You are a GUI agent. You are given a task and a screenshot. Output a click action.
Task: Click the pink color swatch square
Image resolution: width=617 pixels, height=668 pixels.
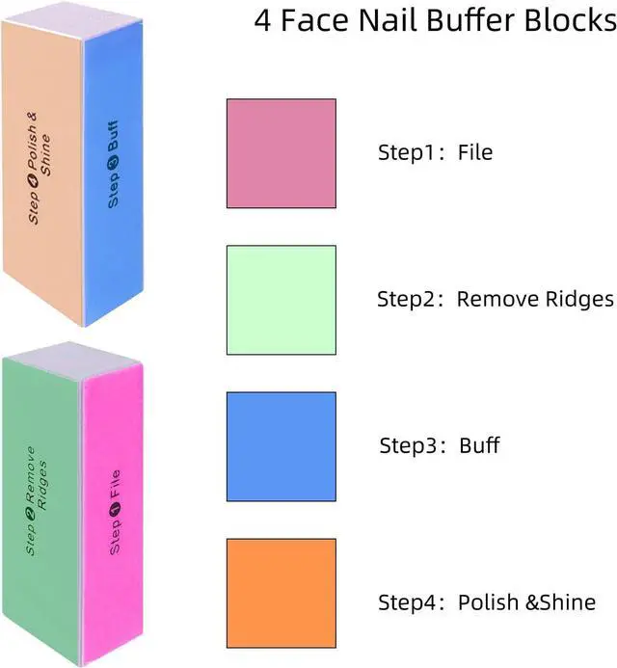[x=282, y=153]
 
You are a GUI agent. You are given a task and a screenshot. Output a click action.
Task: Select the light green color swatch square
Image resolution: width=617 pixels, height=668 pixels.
[x=282, y=300]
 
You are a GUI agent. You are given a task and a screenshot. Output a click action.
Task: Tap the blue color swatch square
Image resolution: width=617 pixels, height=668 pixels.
[x=282, y=446]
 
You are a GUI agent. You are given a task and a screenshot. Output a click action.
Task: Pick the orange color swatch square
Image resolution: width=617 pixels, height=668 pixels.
[x=282, y=593]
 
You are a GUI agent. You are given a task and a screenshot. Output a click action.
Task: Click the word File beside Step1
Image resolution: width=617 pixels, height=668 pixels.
[x=475, y=152]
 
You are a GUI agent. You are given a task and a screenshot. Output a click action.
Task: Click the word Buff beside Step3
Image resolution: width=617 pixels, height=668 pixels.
[x=479, y=445]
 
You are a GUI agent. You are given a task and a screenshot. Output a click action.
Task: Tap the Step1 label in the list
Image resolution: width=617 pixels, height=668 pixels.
[x=407, y=152]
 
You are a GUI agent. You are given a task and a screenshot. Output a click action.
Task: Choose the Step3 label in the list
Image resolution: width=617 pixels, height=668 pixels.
[x=408, y=445]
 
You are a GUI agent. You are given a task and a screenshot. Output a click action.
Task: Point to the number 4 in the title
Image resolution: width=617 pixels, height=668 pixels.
[x=262, y=20]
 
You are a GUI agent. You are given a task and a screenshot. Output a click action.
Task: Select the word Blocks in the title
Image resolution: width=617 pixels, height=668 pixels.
[x=571, y=19]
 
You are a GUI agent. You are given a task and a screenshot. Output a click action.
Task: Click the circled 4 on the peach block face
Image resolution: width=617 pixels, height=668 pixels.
[x=33, y=181]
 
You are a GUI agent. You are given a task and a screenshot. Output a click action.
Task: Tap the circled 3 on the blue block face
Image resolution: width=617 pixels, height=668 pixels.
[x=114, y=163]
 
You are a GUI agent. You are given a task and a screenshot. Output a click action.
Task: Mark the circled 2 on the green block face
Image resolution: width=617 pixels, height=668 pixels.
[x=31, y=514]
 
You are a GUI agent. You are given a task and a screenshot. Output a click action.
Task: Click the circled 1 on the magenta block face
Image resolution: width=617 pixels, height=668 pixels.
[x=115, y=509]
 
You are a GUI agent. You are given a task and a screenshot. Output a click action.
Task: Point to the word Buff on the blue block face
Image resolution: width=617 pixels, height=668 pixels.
[x=113, y=136]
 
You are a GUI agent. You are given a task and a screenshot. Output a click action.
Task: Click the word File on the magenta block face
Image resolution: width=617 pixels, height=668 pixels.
[x=115, y=485]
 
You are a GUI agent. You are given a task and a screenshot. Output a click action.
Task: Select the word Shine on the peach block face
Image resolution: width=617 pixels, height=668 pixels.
[x=45, y=155]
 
